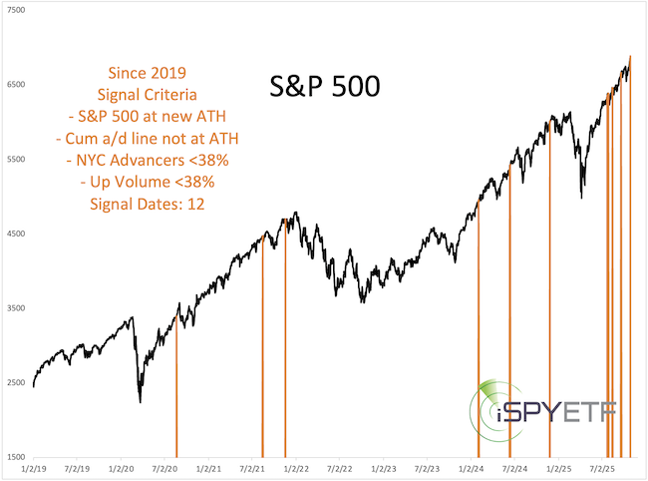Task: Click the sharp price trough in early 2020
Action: tap(140, 400)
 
